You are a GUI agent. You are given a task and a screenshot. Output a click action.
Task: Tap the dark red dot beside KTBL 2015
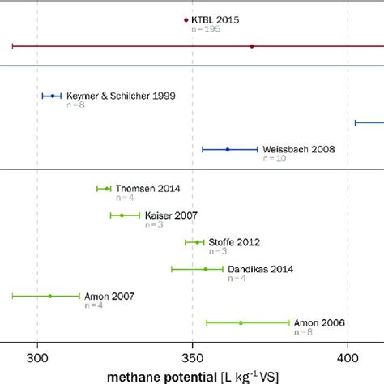[x=186, y=19]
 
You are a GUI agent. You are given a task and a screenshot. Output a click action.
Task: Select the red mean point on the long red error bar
[x=252, y=46]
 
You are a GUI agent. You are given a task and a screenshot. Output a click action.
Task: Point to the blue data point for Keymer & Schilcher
[x=53, y=96]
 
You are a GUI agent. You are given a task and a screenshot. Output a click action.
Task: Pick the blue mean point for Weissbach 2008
[x=228, y=149]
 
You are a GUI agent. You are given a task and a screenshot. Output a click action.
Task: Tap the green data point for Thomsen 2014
[x=107, y=189]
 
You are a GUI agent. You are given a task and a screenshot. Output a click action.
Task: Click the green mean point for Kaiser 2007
[x=122, y=215]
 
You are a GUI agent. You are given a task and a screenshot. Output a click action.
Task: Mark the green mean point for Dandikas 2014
[x=206, y=269]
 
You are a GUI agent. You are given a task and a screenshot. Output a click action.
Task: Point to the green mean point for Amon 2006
[x=241, y=322]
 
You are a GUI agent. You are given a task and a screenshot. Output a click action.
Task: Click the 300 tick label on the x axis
[x=36, y=357]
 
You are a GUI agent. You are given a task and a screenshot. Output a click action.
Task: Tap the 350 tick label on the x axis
[x=192, y=357]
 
